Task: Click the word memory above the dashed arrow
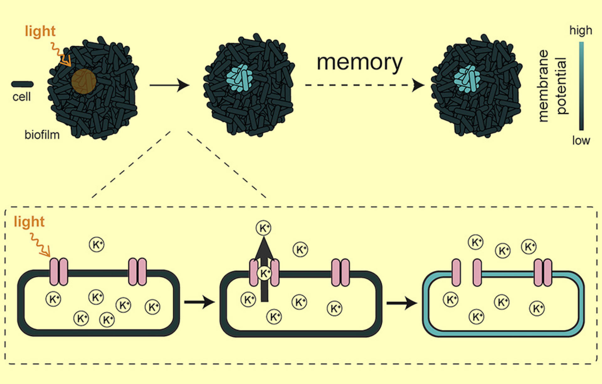(360, 63)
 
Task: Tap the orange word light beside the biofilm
(40, 31)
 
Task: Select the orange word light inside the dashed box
(29, 221)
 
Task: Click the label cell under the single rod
(21, 97)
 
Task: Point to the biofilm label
(42, 135)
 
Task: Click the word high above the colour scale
(581, 30)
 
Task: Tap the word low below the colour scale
(581, 140)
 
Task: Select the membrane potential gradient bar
(581, 86)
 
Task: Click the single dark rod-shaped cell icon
(22, 84)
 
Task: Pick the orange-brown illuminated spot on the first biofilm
(84, 81)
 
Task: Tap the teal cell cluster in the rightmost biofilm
(467, 79)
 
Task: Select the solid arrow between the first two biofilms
(169, 85)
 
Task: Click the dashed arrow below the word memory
(365, 85)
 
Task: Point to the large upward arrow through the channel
(264, 269)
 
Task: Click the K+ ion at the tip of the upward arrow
(263, 228)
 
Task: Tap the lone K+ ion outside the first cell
(97, 245)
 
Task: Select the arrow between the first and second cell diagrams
(199, 302)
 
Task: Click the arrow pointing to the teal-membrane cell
(402, 303)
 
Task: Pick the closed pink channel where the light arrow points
(59, 272)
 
